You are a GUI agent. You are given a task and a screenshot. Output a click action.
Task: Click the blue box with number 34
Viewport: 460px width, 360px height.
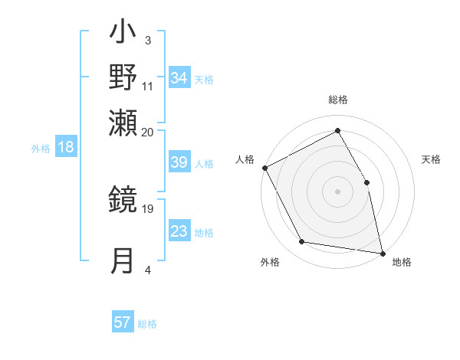pos(179,78)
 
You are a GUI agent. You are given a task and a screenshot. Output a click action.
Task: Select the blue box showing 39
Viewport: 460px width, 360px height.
pos(179,163)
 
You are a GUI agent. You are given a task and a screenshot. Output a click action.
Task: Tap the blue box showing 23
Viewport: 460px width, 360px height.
pos(179,232)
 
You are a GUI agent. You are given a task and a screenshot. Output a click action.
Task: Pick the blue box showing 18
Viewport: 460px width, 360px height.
pos(66,148)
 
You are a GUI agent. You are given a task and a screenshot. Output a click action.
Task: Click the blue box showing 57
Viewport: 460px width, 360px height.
pos(123,322)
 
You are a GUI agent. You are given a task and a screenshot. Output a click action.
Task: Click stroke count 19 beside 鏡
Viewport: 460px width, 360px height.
pos(148,207)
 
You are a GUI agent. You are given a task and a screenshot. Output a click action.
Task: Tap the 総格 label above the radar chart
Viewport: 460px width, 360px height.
pos(337,100)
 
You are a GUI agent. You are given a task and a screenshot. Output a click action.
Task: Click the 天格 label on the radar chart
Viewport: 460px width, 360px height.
pos(431,159)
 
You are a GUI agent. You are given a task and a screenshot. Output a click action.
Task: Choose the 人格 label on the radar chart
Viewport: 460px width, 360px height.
pos(245,159)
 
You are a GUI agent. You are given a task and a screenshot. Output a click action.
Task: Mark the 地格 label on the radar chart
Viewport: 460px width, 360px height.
pos(402,262)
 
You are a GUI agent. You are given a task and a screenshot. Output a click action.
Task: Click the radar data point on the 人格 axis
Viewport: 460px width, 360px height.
pos(264,168)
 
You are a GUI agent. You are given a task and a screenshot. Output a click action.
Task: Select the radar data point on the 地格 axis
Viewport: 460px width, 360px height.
pos(382,252)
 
